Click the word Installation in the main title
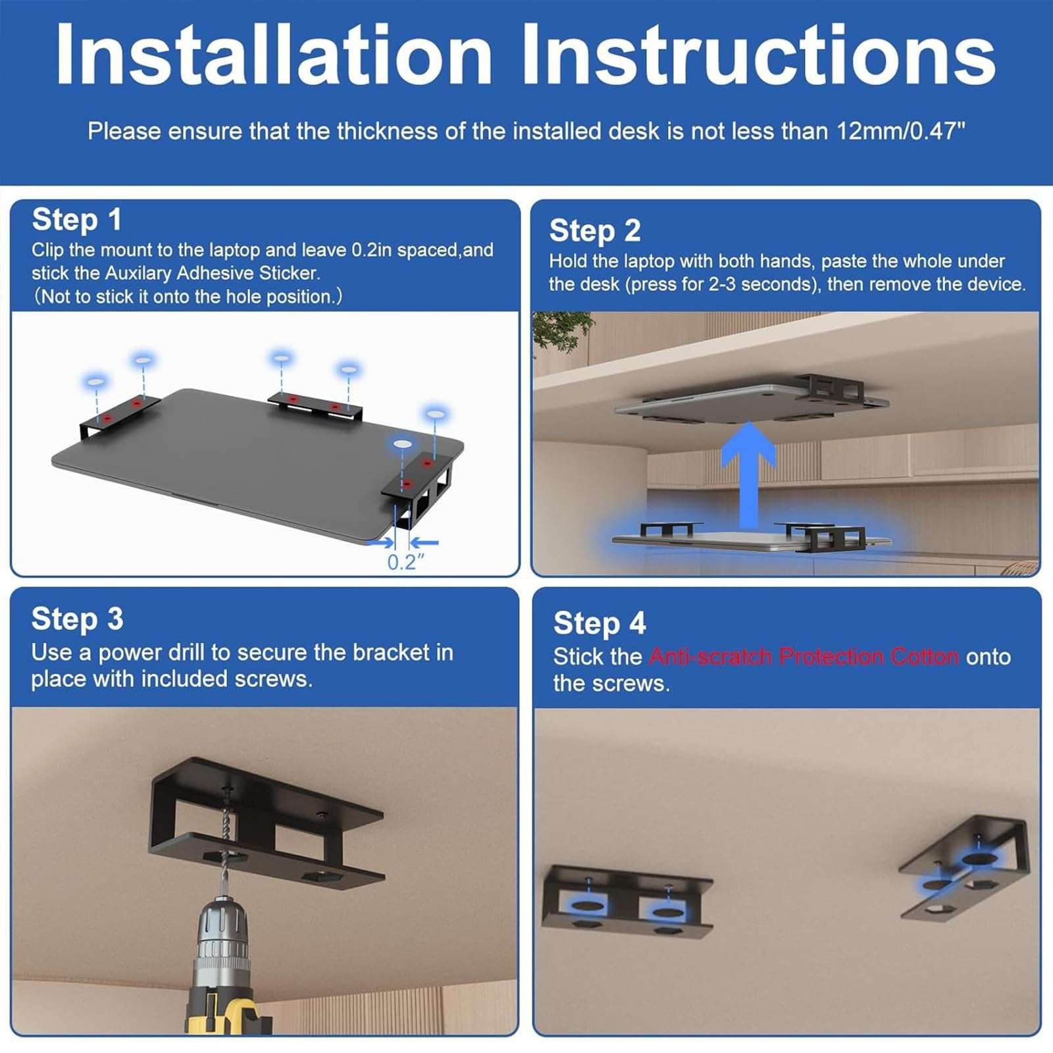coord(273,55)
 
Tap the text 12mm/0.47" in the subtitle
coord(900,132)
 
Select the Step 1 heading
coord(77,220)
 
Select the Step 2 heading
coord(595,231)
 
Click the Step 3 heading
coord(77,619)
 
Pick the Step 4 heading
coord(600,623)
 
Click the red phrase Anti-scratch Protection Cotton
coord(804,657)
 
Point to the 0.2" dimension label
coord(405,563)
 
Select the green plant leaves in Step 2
coord(559,329)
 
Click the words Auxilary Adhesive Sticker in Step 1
coord(213,273)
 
